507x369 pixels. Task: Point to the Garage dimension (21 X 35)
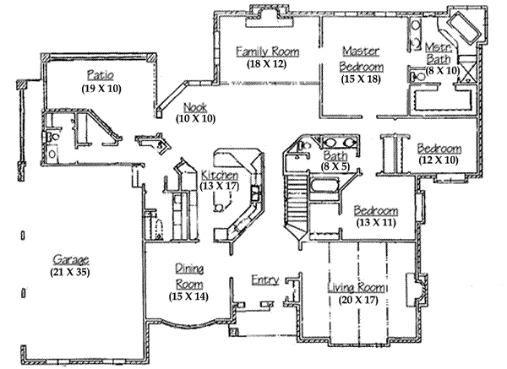pyautogui.click(x=70, y=272)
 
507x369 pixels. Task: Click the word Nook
pyautogui.click(x=193, y=106)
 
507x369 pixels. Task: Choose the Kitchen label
pyautogui.click(x=220, y=175)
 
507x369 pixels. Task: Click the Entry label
pyautogui.click(x=264, y=279)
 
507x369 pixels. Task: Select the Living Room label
pyautogui.click(x=356, y=288)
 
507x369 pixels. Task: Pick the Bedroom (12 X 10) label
pyautogui.click(x=439, y=149)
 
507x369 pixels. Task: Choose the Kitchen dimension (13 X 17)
pyautogui.click(x=220, y=187)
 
